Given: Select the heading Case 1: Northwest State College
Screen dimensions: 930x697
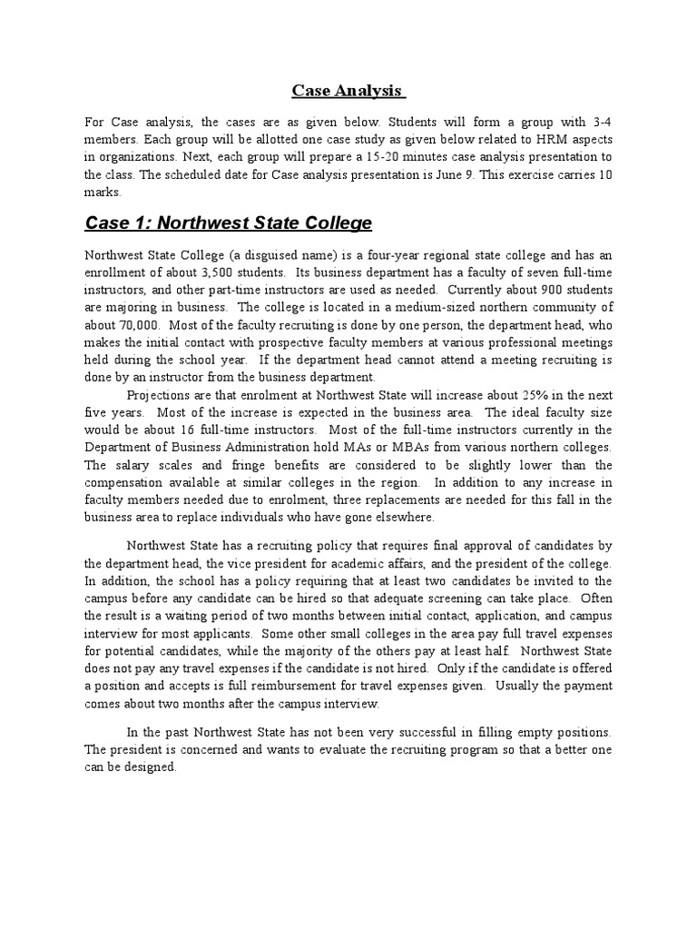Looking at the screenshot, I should click(x=228, y=223).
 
